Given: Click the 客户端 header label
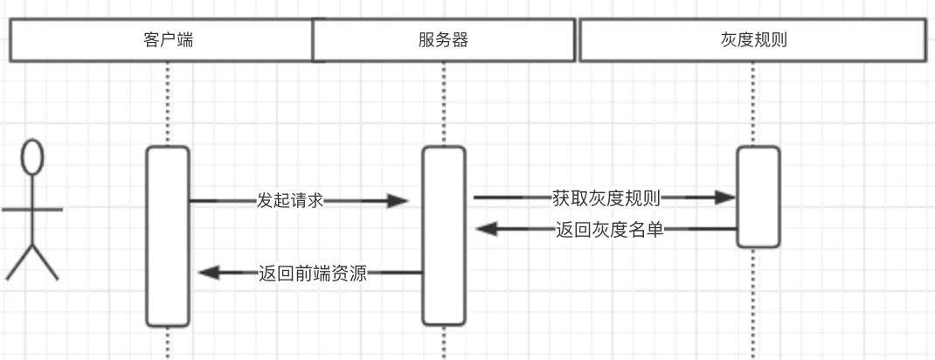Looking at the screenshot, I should click(x=167, y=40).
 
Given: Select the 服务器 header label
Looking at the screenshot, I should click(x=443, y=40).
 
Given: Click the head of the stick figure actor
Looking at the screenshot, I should click(x=32, y=158).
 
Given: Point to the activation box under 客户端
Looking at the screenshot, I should click(x=168, y=236).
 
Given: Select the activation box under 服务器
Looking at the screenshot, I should click(x=443, y=236).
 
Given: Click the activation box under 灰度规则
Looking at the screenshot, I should click(x=758, y=197).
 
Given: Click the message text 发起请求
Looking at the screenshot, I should click(x=290, y=200).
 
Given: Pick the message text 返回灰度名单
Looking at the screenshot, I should click(x=609, y=230).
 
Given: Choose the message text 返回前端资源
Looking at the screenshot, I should click(x=312, y=273).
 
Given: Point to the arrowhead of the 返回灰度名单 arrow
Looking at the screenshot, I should click(x=486, y=230).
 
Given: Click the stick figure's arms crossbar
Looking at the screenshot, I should click(x=32, y=210).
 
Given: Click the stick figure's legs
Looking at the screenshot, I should click(x=32, y=260).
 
